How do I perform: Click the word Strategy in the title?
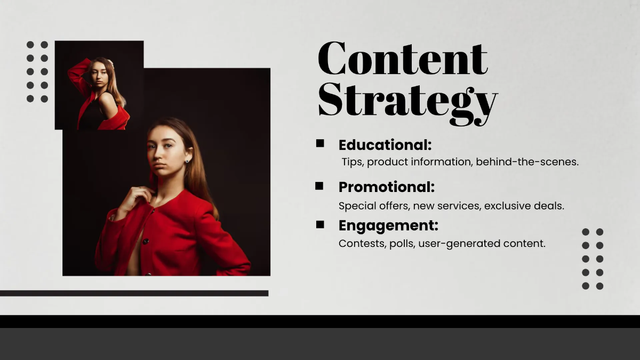pyautogui.click(x=407, y=102)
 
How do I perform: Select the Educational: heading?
pyautogui.click(x=385, y=145)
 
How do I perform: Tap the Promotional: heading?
pyautogui.click(x=387, y=187)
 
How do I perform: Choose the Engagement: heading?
pyautogui.click(x=388, y=226)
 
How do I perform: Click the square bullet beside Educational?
pyautogui.click(x=320, y=143)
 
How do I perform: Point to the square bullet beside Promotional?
pyautogui.click(x=319, y=186)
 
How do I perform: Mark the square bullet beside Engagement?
pyautogui.click(x=320, y=225)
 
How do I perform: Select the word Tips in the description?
pyautogui.click(x=352, y=162)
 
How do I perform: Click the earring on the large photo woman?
pyautogui.click(x=188, y=160)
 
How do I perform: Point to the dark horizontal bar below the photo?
pyautogui.click(x=134, y=293)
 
